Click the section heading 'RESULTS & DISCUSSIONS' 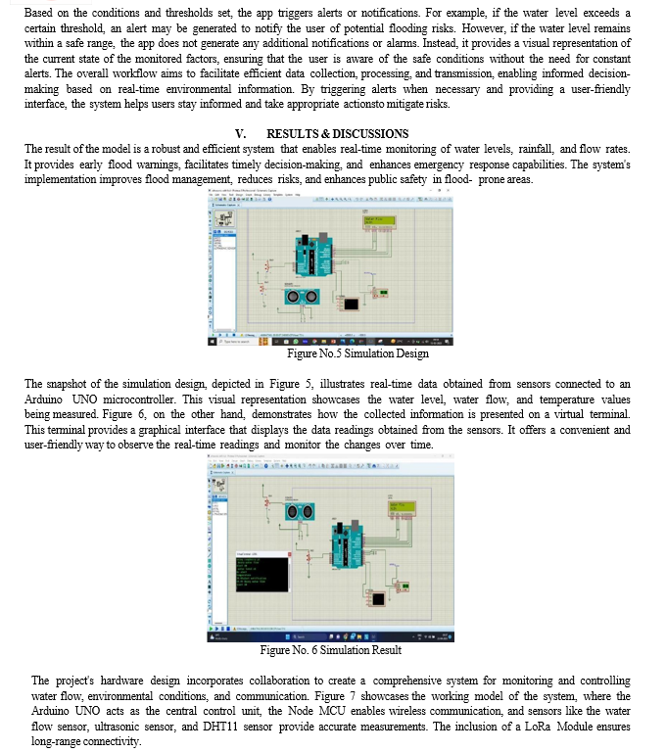pyautogui.click(x=338, y=133)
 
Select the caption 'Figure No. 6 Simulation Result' pyautogui.click(x=330, y=650)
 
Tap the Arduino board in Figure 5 pyautogui.click(x=314, y=258)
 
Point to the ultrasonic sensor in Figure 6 pyautogui.click(x=299, y=511)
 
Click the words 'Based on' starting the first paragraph pyautogui.click(x=47, y=12)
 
